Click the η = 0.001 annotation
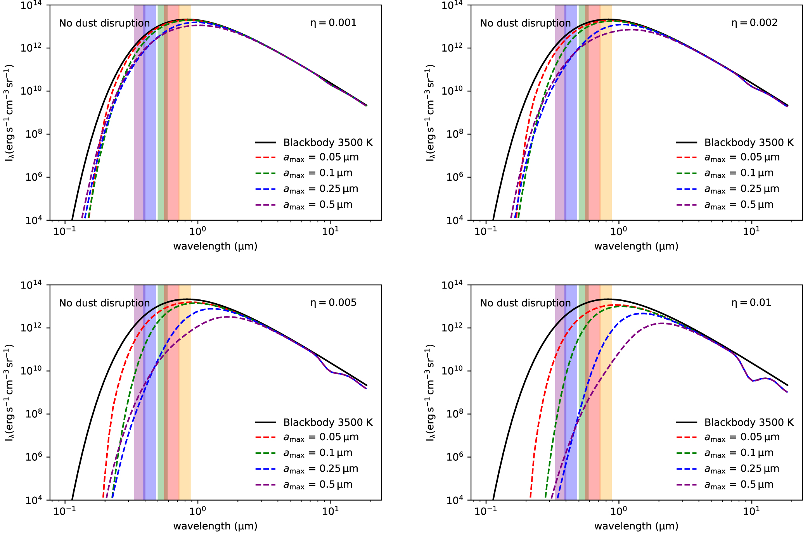(x=333, y=23)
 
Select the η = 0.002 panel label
(x=754, y=23)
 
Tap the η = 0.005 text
(x=333, y=302)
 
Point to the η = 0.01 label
(x=751, y=302)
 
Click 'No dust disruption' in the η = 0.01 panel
(x=525, y=303)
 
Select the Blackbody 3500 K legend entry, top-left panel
(x=327, y=143)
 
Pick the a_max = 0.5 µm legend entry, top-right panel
(x=739, y=205)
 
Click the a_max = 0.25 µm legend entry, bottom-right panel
(x=741, y=469)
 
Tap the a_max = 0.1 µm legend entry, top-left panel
(x=318, y=173)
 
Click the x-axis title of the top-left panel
(x=215, y=246)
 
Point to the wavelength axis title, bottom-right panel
(x=636, y=526)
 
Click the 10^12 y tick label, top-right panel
(x=452, y=48)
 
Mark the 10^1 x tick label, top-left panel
(x=330, y=231)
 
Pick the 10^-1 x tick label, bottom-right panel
(x=485, y=511)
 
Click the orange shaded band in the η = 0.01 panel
(x=606, y=388)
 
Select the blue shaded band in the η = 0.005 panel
(x=150, y=388)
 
